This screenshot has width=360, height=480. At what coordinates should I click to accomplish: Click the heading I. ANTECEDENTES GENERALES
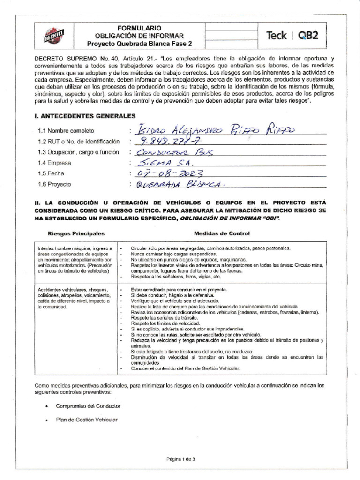85,115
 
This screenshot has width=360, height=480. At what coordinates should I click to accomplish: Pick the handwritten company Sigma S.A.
160,163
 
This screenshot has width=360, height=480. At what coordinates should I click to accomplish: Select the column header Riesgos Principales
76,233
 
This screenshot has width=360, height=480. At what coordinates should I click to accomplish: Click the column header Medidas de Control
222,233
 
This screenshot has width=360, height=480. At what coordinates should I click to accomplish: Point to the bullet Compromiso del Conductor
88,405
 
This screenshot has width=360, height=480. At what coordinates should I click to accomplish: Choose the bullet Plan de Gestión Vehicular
86,420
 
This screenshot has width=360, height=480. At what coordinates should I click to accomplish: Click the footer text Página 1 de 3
180,459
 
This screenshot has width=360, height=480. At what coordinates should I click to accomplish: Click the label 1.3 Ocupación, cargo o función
79,152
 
